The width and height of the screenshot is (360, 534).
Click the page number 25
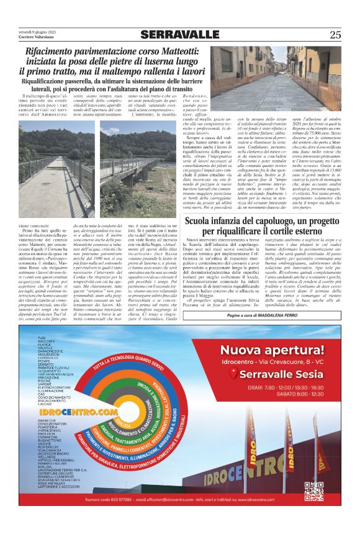(335, 35)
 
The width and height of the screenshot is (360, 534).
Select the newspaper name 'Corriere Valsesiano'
(32, 38)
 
